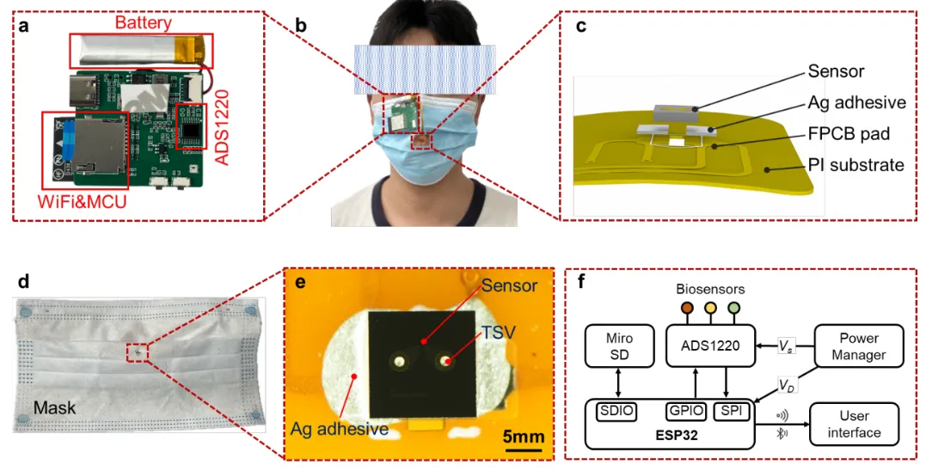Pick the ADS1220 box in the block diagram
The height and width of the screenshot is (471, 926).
pyautogui.click(x=710, y=345)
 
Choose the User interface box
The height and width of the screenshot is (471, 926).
pyautogui.click(x=854, y=424)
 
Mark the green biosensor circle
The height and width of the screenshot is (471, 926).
pyautogui.click(x=734, y=308)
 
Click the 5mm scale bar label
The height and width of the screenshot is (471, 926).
pyautogui.click(x=522, y=436)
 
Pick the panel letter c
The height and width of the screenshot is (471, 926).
pyautogui.click(x=581, y=27)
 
